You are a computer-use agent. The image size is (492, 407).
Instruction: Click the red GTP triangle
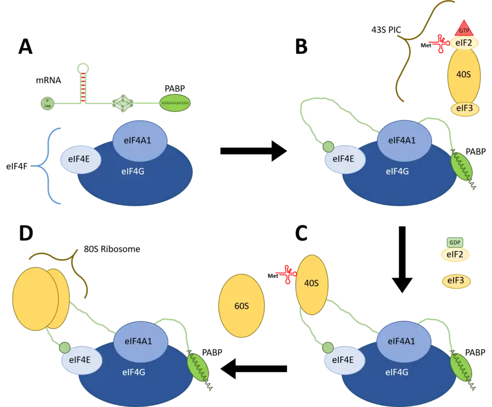pos(463,29)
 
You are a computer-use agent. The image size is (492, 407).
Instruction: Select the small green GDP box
pos(455,242)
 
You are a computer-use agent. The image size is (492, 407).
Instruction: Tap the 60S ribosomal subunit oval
pos(241,305)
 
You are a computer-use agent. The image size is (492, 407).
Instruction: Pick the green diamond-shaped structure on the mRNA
pos(122,104)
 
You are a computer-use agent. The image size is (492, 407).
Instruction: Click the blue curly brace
pos(46,166)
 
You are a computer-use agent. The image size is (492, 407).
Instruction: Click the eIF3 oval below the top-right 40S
pos(465,109)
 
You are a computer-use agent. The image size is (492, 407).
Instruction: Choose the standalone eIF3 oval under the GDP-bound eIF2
pos(456,281)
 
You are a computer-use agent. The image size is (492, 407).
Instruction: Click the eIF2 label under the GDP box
pos(455,254)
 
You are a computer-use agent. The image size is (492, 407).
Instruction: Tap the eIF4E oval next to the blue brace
pos(80,159)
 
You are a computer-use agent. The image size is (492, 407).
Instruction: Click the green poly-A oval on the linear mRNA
pos(175,103)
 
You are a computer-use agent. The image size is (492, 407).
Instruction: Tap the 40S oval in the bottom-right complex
pos(312,285)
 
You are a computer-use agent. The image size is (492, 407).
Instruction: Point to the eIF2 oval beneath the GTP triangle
pos(465,43)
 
